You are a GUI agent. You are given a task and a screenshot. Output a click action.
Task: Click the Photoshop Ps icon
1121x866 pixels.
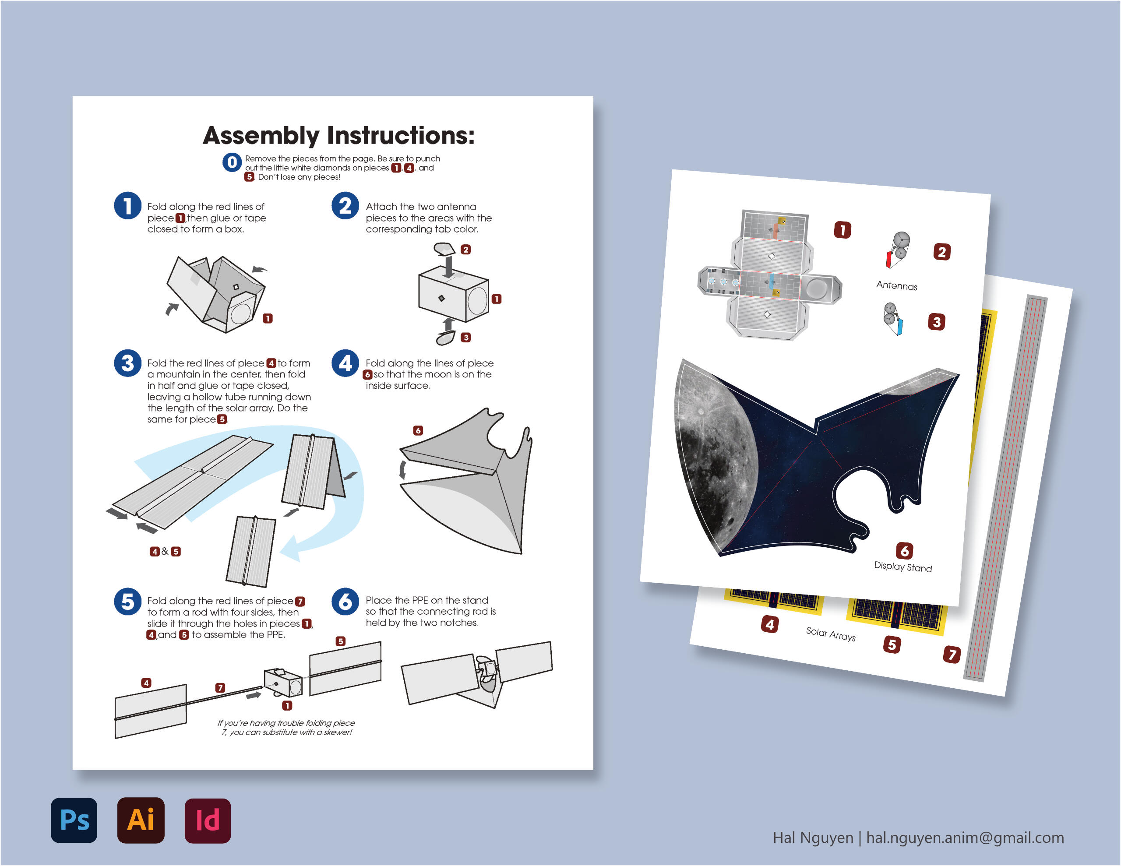(x=74, y=820)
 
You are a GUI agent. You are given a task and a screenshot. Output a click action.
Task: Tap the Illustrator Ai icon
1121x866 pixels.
(x=141, y=820)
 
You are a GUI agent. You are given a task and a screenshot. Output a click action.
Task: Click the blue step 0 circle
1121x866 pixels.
(x=232, y=162)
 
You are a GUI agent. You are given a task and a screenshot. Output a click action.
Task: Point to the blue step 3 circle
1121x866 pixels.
(x=127, y=363)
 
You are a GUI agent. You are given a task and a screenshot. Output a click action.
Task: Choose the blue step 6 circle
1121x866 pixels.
(x=345, y=601)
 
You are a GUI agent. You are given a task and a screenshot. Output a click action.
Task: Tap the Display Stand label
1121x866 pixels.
(x=902, y=567)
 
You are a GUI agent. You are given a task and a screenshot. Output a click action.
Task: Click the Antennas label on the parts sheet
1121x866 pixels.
(x=896, y=285)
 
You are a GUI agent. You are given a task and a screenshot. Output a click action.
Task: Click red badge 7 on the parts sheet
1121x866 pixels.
(x=952, y=654)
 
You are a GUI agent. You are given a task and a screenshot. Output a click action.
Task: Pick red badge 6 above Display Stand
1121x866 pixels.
(x=904, y=551)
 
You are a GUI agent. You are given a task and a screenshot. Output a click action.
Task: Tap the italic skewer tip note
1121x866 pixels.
(x=286, y=727)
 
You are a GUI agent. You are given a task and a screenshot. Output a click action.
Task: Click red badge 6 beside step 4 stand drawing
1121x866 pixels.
(x=418, y=430)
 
